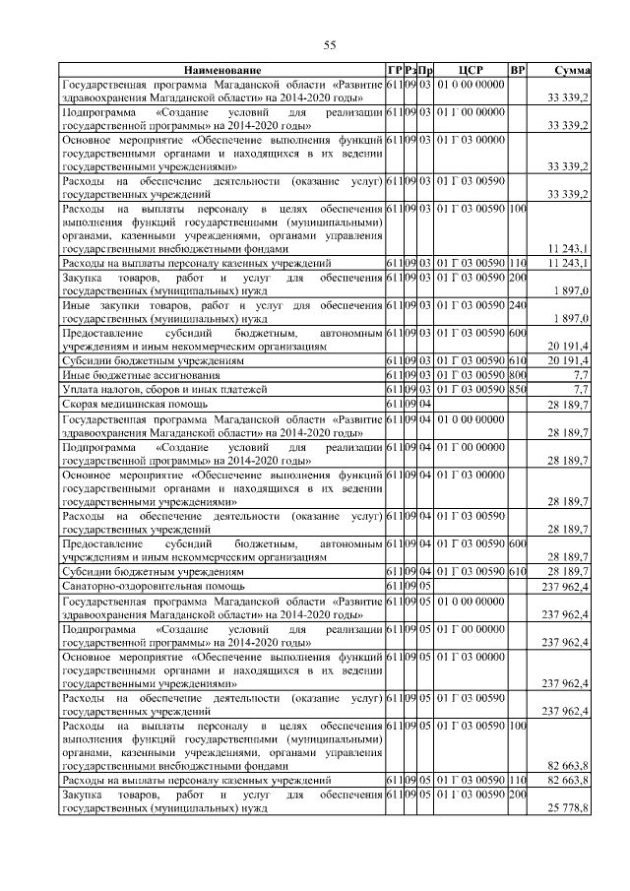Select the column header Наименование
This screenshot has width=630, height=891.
point(221,71)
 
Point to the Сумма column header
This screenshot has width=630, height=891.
point(572,71)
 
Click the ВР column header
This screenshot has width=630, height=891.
point(519,71)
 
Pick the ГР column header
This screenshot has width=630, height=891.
point(394,71)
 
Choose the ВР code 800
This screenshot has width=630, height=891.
point(519,376)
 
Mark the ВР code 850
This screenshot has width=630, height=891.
point(519,390)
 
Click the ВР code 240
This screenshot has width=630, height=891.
point(519,306)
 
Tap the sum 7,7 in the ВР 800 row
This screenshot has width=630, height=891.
point(580,376)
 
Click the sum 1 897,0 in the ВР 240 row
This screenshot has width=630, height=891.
point(571,319)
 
